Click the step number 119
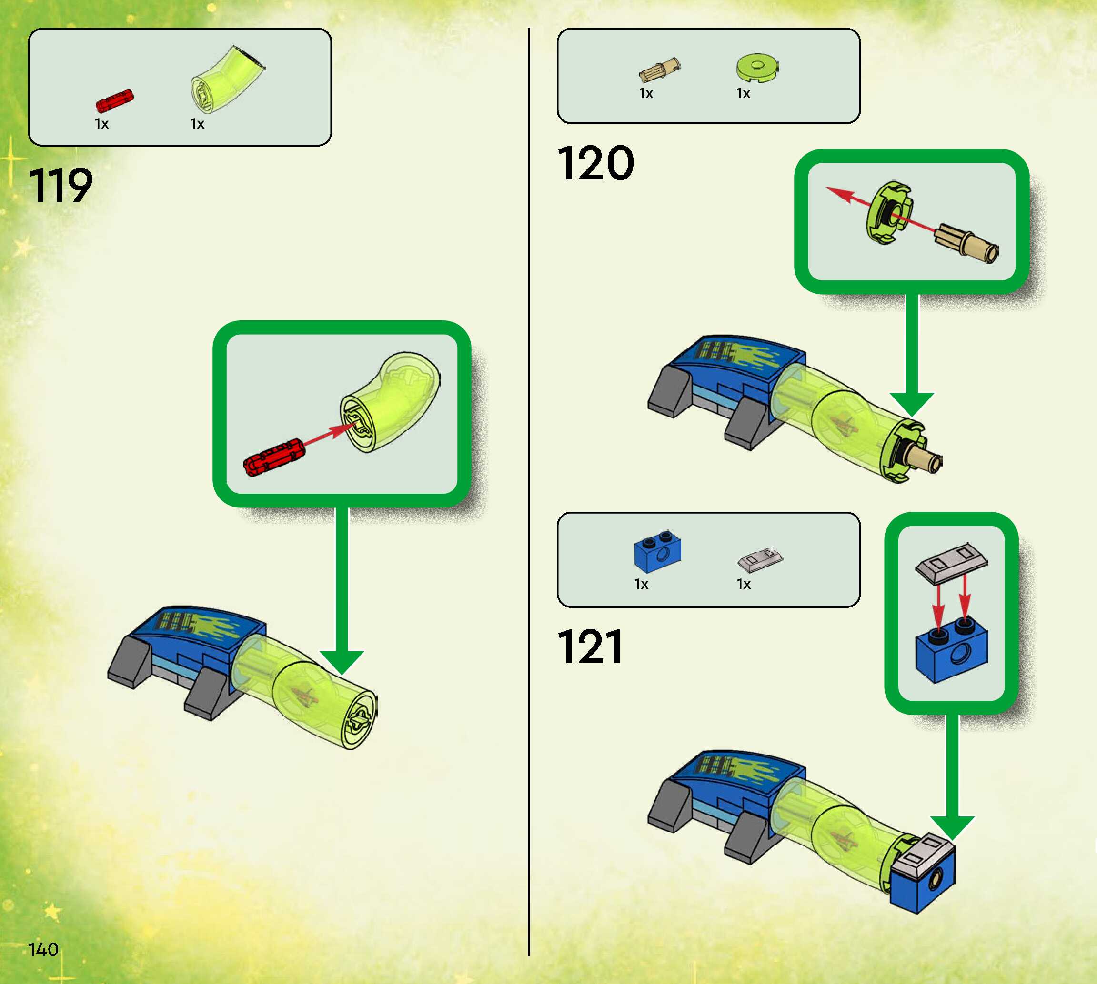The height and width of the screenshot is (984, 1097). point(60,186)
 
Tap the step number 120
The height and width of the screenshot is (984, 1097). point(595,163)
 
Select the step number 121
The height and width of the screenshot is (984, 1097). point(589,646)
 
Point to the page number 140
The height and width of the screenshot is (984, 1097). point(43,949)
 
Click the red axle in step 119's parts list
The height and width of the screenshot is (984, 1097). point(114,101)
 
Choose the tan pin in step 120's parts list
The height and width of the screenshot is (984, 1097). point(659,70)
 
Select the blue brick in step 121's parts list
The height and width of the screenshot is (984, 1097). point(657,553)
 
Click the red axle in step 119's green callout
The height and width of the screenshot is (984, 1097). point(272,457)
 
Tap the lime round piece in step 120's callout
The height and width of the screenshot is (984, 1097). point(889,213)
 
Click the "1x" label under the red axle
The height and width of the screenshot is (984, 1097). point(101,124)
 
